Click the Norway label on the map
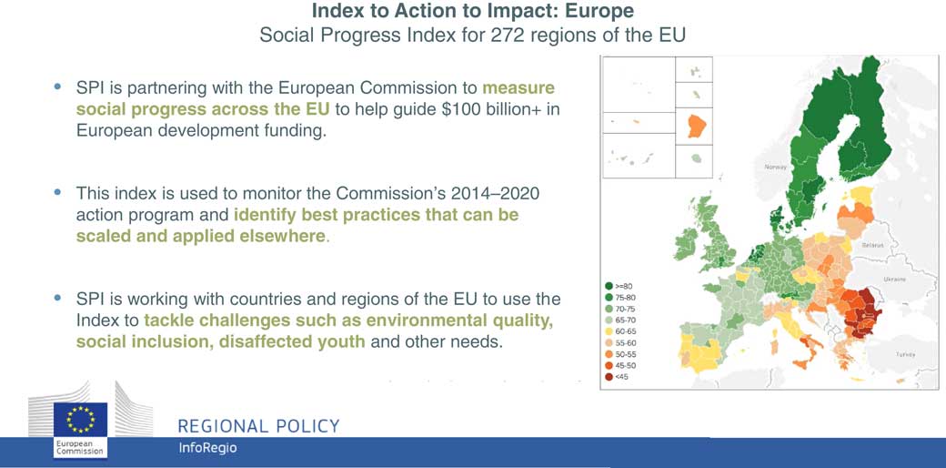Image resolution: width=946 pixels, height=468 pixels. pos(775,168)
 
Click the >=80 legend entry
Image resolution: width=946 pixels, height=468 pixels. pos(619,286)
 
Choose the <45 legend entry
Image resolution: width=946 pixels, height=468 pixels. pos(617,378)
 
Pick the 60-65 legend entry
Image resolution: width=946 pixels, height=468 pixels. pos(619,331)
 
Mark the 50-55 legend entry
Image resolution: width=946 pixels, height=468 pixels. pos(619,354)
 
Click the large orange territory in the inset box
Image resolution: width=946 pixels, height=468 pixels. pos(696,127)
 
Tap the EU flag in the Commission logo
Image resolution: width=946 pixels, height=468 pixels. pos(80,419)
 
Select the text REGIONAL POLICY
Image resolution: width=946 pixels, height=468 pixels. pos(259,426)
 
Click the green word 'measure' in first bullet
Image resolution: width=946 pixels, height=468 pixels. pos(518,88)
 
